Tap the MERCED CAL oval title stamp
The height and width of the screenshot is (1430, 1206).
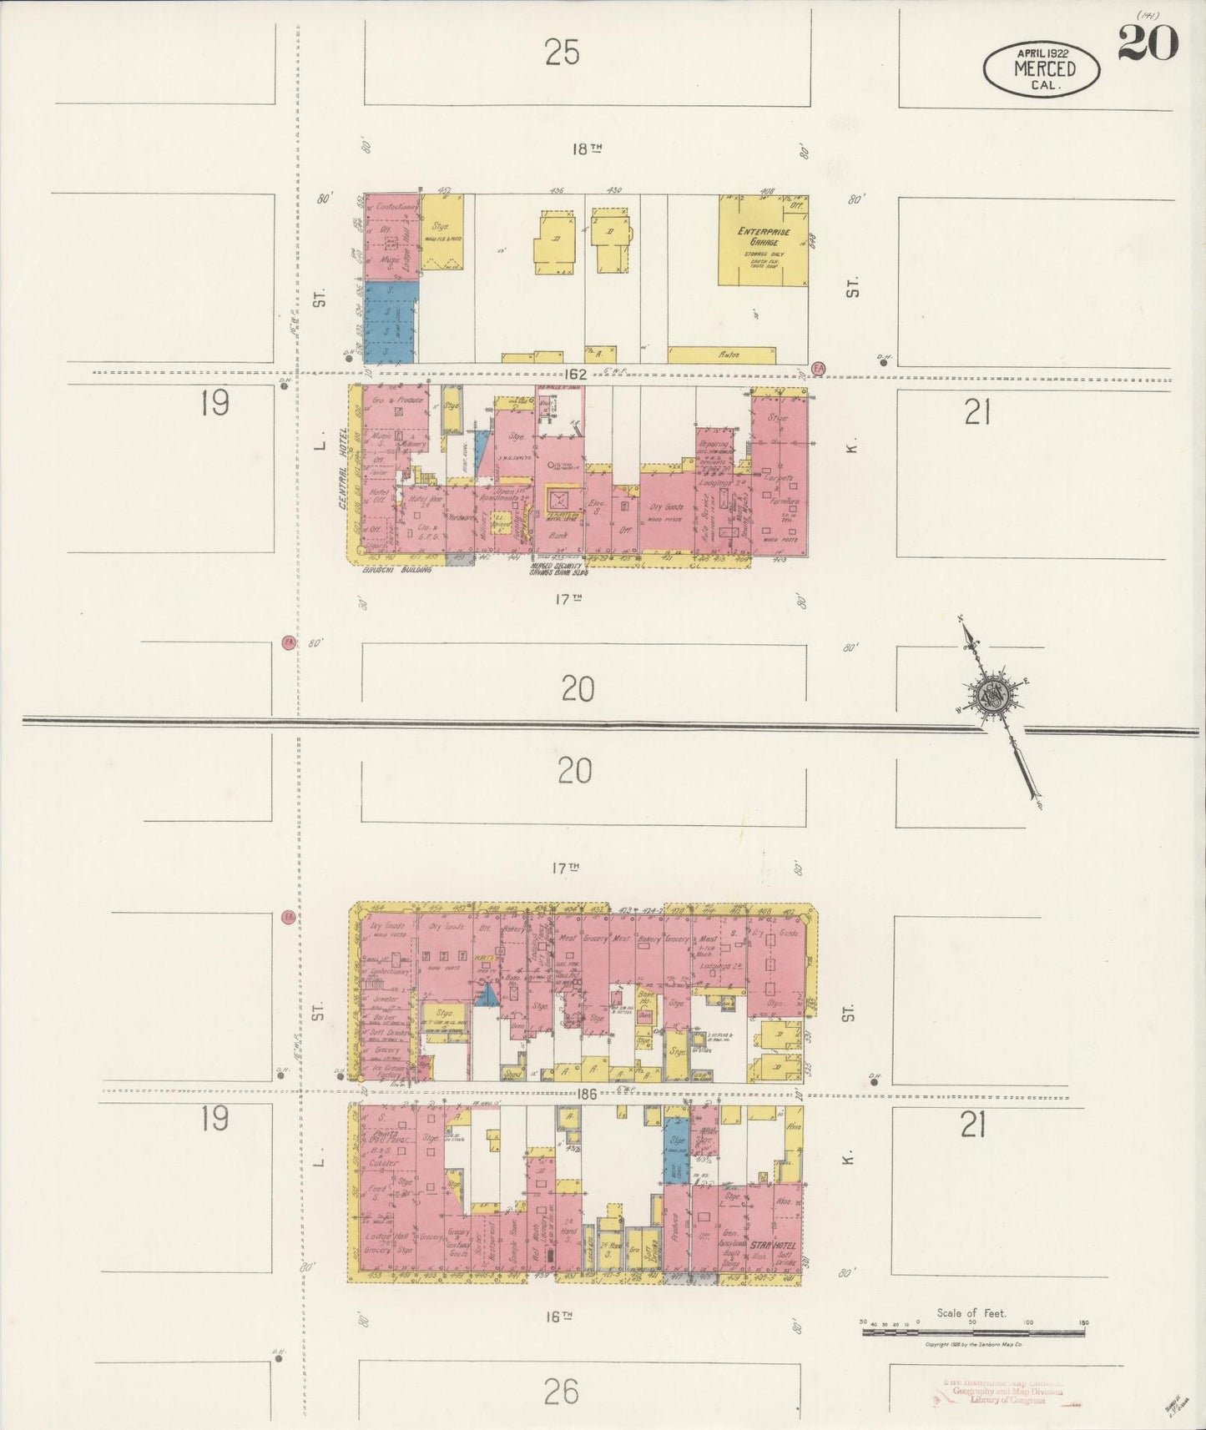(x=1043, y=68)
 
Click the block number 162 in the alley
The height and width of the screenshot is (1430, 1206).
(x=576, y=375)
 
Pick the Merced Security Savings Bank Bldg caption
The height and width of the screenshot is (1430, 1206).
(x=559, y=570)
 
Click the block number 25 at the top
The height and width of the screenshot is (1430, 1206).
(x=562, y=53)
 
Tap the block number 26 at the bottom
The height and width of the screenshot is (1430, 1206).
(x=560, y=1390)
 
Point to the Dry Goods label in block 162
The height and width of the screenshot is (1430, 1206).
(x=667, y=506)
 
